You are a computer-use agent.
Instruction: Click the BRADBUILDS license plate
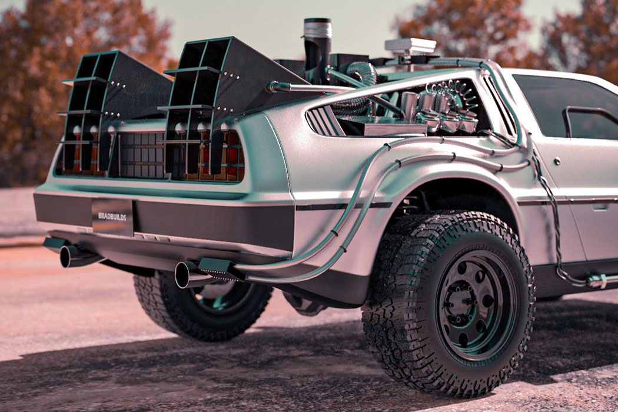(113, 217)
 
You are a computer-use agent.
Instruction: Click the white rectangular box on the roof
(410, 47)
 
